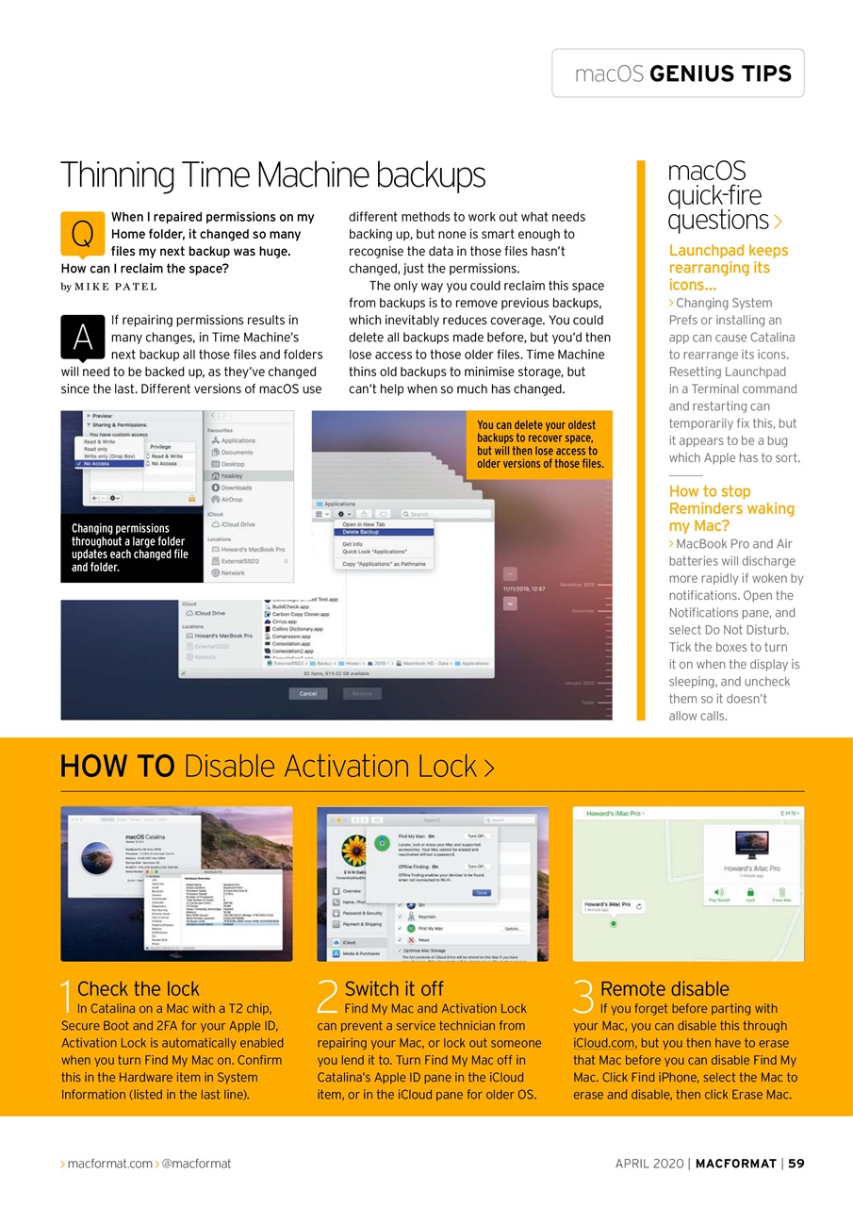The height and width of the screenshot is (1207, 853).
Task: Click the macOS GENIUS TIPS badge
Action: click(x=678, y=74)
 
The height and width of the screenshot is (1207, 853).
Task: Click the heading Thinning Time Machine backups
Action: click(x=272, y=175)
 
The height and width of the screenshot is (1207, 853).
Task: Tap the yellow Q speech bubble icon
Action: click(x=82, y=233)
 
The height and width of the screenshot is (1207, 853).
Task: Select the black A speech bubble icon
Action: click(x=82, y=337)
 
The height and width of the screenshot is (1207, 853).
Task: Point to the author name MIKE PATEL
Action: click(x=115, y=287)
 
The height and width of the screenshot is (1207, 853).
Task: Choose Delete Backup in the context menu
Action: click(x=362, y=532)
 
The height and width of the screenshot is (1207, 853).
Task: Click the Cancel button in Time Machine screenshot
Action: click(x=307, y=693)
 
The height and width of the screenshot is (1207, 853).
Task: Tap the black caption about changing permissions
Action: click(x=130, y=548)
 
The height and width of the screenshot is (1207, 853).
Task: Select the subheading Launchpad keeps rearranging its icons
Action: click(x=728, y=267)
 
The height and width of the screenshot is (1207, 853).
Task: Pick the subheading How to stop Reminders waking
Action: click(x=731, y=508)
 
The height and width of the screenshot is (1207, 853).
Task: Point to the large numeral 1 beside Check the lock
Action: click(x=66, y=1000)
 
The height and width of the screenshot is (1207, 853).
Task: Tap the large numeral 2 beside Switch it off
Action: click(x=328, y=1000)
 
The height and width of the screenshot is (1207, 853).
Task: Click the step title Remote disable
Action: click(x=664, y=988)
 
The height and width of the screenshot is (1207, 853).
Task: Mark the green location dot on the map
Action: click(x=614, y=923)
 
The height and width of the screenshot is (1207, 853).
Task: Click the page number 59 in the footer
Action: click(x=796, y=1164)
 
